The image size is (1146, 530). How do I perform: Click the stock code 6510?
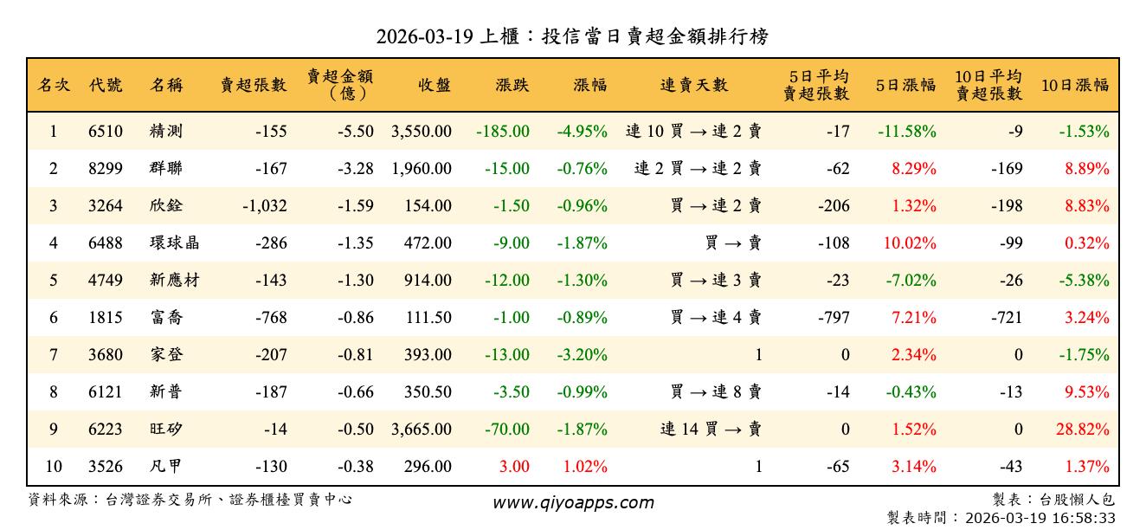[106, 132]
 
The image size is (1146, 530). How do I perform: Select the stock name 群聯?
[165, 169]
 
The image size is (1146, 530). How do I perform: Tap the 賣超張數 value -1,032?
[260, 206]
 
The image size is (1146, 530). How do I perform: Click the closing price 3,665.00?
[421, 430]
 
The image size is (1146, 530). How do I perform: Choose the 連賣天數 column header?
[694, 85]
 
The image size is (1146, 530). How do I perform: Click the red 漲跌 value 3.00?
[513, 467]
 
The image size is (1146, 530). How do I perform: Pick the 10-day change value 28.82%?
[1086, 430]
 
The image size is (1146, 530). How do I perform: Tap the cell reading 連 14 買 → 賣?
[711, 430]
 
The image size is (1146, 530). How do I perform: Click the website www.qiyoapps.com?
[573, 502]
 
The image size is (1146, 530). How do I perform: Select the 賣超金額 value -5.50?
[356, 132]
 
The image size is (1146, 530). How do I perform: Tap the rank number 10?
[54, 467]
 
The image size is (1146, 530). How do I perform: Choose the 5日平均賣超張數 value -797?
[834, 318]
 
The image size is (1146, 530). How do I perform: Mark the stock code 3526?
[106, 467]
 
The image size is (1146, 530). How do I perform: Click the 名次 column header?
[54, 85]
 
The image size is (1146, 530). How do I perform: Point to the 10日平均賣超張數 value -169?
[1007, 169]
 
